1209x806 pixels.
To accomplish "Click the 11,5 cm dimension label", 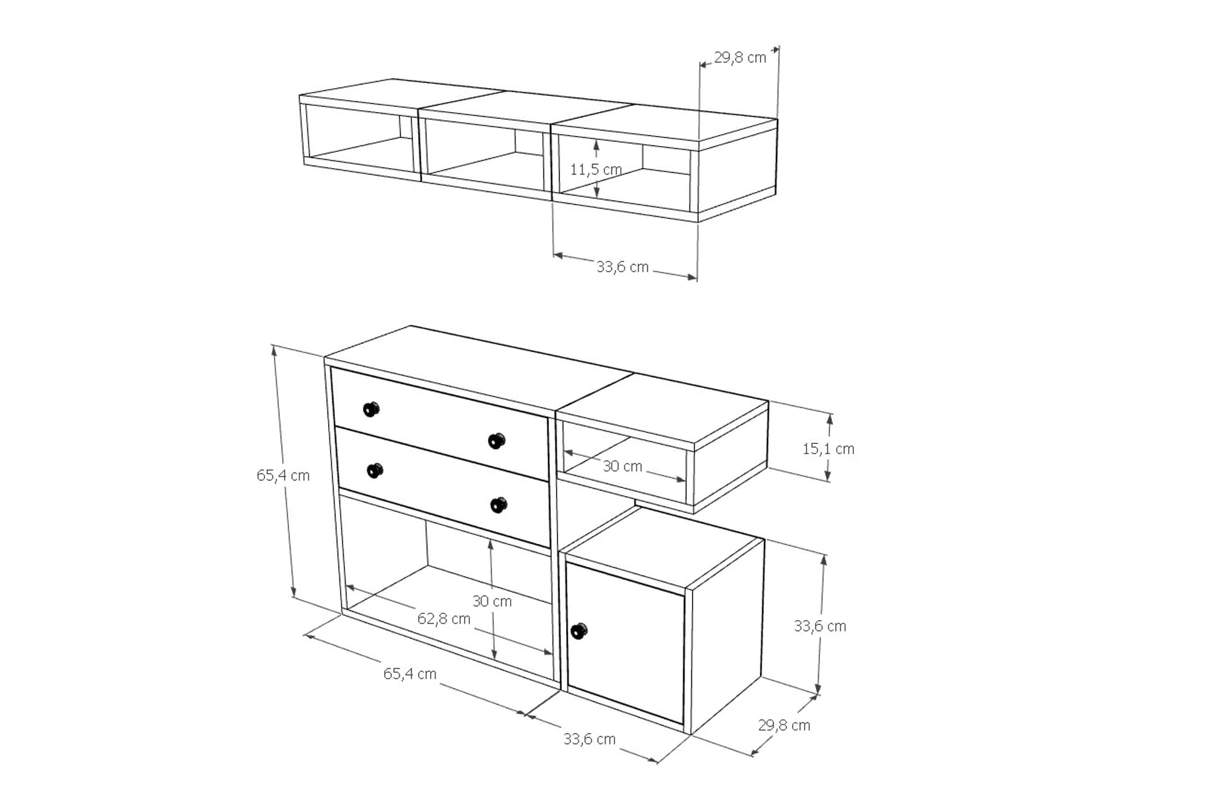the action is tap(596, 169).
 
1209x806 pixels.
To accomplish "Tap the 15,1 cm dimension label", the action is tap(828, 449).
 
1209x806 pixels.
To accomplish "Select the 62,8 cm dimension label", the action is tap(444, 619).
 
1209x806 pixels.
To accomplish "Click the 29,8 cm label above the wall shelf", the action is tap(740, 58).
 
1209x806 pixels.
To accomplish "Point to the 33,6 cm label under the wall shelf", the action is tap(622, 267).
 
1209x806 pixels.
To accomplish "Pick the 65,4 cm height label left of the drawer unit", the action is tap(283, 475).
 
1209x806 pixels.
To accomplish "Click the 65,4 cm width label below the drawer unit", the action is tap(410, 674).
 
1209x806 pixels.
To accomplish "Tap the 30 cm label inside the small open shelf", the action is tap(622, 467).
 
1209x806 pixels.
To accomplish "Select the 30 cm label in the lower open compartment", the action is tap(492, 601).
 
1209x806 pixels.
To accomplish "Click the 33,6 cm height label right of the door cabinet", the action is tap(820, 626).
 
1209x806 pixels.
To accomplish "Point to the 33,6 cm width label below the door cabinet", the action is tap(589, 739).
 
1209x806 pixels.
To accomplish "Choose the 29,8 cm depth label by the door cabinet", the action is tap(784, 725).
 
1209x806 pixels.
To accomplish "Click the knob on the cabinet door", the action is tap(579, 630).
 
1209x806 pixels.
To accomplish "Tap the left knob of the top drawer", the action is tap(372, 409).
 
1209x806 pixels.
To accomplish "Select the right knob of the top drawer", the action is tap(497, 441).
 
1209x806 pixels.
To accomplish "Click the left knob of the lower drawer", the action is tap(375, 470).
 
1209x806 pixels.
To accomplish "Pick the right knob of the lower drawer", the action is tap(498, 505).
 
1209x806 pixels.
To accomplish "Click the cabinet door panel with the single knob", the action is tap(625, 642).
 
